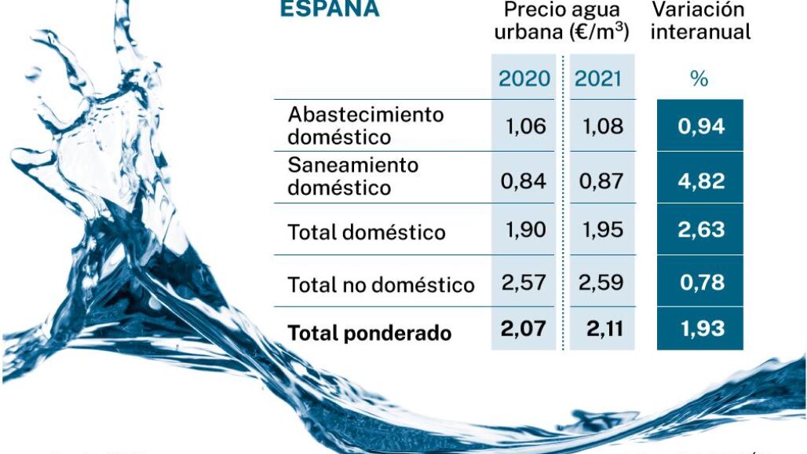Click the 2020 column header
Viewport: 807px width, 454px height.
tap(524, 79)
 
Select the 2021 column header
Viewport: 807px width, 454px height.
tap(598, 79)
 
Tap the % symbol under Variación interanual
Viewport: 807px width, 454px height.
tap(699, 79)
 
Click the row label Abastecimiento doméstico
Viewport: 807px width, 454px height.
tap(366, 126)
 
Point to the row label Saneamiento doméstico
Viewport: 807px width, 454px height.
tap(353, 177)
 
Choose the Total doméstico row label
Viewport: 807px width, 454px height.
tap(367, 232)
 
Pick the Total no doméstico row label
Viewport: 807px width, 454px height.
tap(382, 284)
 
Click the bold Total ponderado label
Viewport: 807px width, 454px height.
tap(370, 333)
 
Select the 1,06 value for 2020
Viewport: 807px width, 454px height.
tap(524, 126)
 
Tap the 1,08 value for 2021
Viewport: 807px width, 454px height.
tap(601, 126)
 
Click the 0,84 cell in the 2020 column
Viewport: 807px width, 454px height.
tap(524, 181)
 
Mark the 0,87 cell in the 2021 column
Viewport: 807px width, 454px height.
tap(601, 181)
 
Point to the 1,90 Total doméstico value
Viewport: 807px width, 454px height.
tap(524, 231)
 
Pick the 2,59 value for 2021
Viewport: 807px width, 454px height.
tap(601, 282)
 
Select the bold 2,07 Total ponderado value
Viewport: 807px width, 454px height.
tap(524, 328)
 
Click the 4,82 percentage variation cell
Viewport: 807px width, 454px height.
tap(700, 181)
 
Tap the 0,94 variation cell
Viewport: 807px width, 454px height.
tap(700, 126)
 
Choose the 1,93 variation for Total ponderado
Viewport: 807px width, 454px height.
tap(700, 328)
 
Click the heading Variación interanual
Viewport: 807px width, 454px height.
tap(700, 20)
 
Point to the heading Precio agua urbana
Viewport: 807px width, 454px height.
tap(562, 20)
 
